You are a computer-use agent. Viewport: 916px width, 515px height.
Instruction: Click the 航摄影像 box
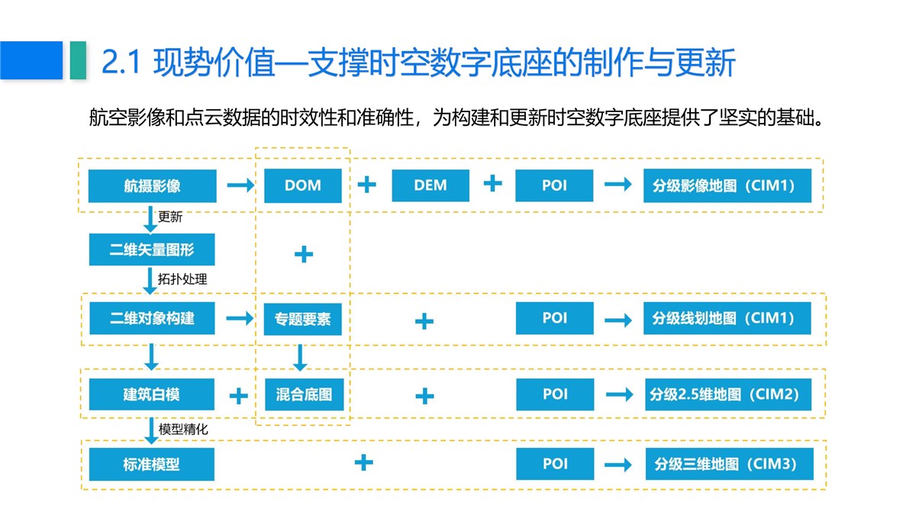tap(152, 186)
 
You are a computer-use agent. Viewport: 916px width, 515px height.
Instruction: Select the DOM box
tap(302, 185)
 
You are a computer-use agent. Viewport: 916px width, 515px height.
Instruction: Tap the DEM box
tap(431, 185)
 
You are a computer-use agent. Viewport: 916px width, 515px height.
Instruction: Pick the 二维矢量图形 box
tap(152, 249)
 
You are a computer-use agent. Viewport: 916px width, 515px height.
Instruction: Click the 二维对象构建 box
tap(152, 318)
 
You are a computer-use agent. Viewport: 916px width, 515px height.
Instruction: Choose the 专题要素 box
tap(302, 319)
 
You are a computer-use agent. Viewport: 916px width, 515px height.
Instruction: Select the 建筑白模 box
tap(152, 394)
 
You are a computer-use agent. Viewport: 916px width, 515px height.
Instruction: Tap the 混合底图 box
tap(305, 394)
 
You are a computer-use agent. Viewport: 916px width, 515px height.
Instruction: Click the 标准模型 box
tap(152, 465)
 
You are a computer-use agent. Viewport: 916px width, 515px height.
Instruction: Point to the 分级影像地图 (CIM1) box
tap(727, 185)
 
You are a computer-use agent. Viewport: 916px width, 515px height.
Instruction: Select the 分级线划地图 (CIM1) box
tap(727, 318)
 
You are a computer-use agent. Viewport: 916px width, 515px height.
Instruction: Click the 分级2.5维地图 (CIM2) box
tap(728, 394)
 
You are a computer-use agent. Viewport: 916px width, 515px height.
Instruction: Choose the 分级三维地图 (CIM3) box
tap(730, 464)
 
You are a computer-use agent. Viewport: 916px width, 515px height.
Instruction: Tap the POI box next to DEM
tap(554, 185)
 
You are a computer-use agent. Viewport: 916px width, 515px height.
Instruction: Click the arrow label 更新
tap(170, 217)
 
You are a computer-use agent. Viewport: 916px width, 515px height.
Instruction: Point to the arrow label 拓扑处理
tap(182, 279)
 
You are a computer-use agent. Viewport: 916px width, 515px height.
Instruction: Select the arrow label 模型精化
tap(183, 429)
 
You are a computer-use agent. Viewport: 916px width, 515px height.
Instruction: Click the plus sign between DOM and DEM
tap(367, 185)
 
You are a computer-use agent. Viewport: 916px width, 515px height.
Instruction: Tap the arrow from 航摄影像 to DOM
tap(241, 185)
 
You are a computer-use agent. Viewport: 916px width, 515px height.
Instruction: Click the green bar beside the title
tap(78, 60)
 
